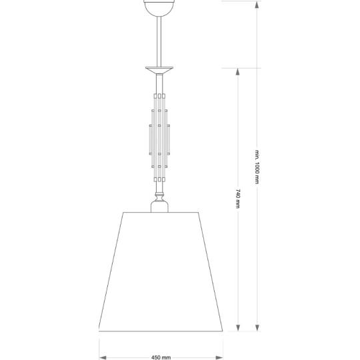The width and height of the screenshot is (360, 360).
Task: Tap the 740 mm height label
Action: coord(238,199)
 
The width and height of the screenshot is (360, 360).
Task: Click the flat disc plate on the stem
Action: coord(160,68)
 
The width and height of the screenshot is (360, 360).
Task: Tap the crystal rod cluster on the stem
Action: coord(160,137)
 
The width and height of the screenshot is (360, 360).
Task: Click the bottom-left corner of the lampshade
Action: coord(100,329)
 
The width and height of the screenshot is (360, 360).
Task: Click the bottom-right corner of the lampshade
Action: coord(220,329)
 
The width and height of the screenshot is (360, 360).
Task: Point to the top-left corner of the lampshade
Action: coord(125,213)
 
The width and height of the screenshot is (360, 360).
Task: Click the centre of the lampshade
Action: coord(160,271)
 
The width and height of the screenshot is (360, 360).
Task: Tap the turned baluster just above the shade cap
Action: coord(160,195)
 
